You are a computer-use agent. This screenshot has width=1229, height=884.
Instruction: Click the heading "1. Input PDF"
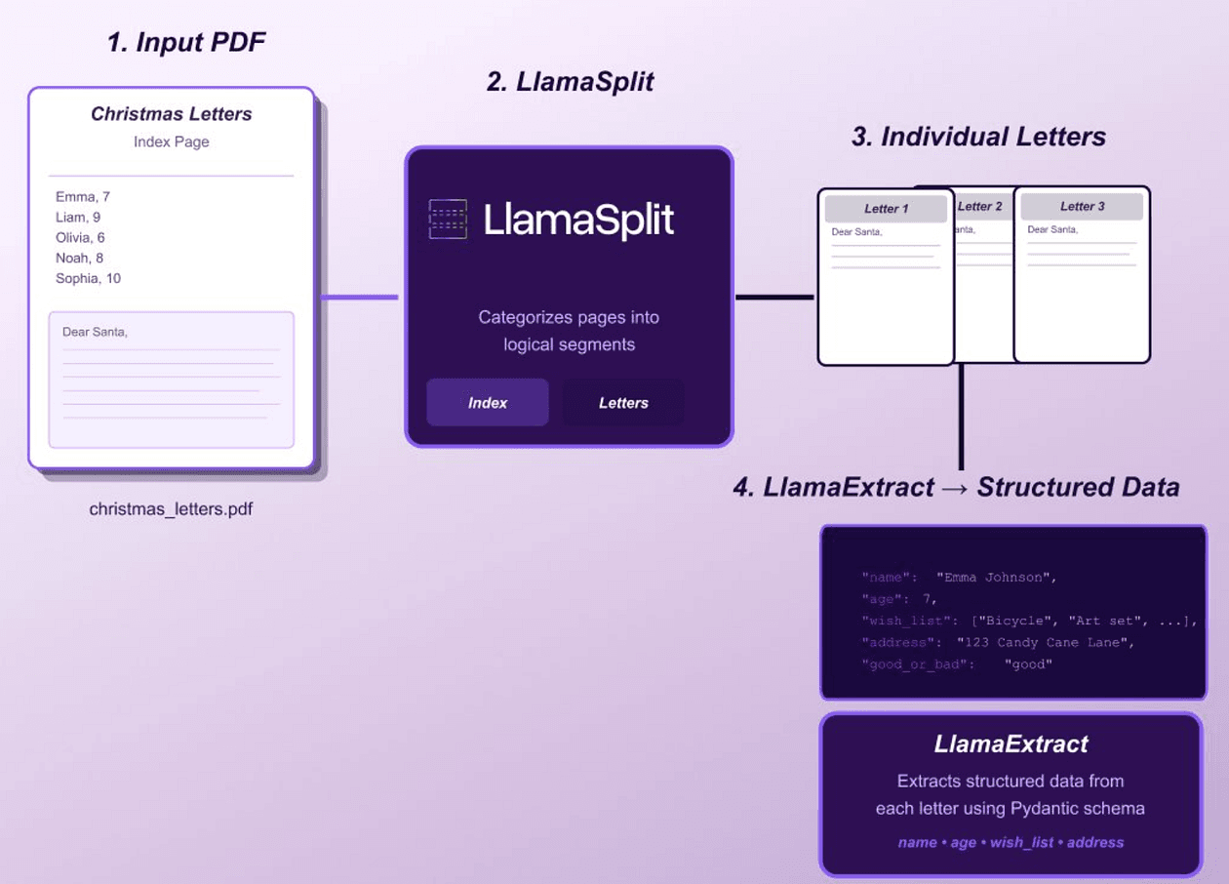(186, 42)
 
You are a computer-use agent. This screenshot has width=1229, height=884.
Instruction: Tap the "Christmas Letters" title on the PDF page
(172, 113)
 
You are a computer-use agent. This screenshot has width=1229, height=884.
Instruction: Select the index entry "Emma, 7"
(83, 196)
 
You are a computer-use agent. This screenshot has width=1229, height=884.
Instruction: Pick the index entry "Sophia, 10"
(89, 278)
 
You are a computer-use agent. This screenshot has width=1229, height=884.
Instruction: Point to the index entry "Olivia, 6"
(80, 237)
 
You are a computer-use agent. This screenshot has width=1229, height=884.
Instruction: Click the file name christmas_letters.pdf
(172, 508)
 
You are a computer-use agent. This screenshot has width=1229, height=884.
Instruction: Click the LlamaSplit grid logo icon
(448, 219)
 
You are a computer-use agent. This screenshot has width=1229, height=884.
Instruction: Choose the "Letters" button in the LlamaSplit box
(623, 403)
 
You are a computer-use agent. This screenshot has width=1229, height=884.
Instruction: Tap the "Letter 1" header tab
(886, 209)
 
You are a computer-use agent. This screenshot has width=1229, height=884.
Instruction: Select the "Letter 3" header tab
(1082, 206)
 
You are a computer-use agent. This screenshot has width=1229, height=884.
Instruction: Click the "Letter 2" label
(980, 206)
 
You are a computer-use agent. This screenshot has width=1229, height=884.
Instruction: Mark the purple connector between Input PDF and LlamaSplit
(359, 297)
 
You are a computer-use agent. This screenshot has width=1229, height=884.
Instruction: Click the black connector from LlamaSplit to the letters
(774, 297)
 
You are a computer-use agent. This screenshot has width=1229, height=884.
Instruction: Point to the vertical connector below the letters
(962, 417)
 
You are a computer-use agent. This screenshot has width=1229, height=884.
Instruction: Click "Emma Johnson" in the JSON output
(996, 578)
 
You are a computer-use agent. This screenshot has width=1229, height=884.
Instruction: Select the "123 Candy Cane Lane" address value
(1046, 643)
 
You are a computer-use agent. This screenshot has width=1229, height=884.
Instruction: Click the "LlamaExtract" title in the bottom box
(1011, 744)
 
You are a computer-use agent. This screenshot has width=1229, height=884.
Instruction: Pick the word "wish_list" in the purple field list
(1021, 842)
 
